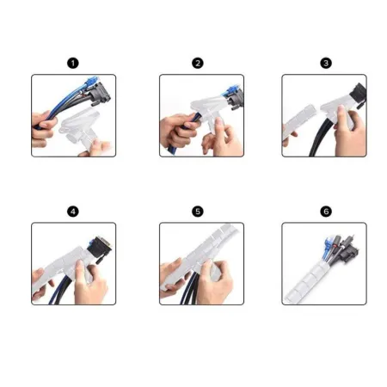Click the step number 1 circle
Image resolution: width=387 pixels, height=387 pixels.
click(x=73, y=63)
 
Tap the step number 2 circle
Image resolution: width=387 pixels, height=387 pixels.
click(x=198, y=63)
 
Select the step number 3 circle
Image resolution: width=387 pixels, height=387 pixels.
click(x=326, y=63)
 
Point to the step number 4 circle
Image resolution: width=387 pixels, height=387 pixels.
click(x=73, y=212)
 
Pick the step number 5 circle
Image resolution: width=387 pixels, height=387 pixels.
click(x=198, y=212)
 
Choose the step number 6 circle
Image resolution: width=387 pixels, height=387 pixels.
click(x=326, y=212)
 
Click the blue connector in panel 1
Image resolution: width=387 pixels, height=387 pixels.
click(x=92, y=83)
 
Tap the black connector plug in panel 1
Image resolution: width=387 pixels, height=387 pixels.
click(x=101, y=94)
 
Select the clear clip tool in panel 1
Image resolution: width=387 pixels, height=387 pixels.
click(x=80, y=127)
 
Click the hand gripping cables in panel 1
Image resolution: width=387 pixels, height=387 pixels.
click(x=43, y=126)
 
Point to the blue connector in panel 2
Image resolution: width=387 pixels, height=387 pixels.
click(x=231, y=89)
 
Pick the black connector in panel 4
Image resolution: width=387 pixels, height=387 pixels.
click(x=100, y=247)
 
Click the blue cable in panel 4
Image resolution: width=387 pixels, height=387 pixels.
click(x=58, y=290)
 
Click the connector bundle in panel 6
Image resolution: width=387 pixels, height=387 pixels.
click(x=341, y=249)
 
